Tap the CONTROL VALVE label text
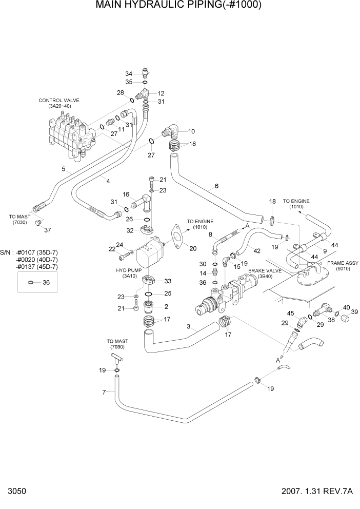59,101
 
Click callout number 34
129,73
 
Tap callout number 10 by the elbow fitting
191,131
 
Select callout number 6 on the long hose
216,186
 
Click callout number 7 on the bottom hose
105,393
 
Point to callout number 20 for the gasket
193,249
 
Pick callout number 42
257,250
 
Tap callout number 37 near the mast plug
47,230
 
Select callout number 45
290,313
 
